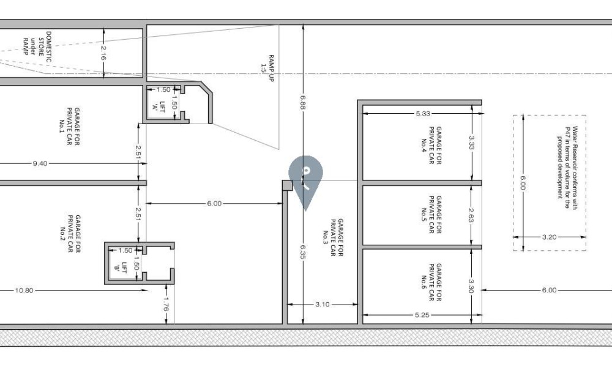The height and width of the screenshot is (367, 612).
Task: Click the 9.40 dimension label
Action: coord(40,163)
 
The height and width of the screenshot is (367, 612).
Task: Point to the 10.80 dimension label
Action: coord(24,290)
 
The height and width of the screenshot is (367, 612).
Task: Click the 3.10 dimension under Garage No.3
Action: coord(323,304)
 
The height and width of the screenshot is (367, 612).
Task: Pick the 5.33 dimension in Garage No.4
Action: coord(423,114)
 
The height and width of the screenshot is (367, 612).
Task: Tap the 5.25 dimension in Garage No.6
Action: coord(422,315)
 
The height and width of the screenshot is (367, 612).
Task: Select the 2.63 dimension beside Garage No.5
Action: coord(471,215)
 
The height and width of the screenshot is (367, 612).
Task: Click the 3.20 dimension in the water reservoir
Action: coord(549,237)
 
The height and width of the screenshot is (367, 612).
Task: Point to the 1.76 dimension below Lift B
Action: coord(166,304)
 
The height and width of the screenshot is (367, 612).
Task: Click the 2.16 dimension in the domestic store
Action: coord(103,53)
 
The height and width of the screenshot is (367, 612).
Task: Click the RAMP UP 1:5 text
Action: coord(267,69)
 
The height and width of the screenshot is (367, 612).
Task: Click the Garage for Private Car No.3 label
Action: coord(334,237)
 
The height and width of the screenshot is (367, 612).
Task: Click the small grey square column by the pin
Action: coord(287,186)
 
